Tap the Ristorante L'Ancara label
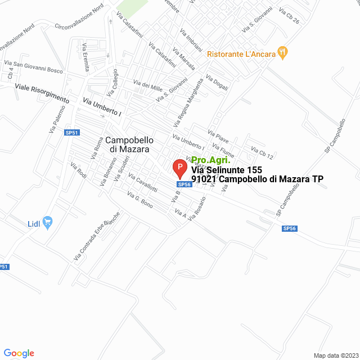(x=241, y=54)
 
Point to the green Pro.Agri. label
(x=211, y=160)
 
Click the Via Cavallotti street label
(x=143, y=184)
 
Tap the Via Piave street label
(x=218, y=138)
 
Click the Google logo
(x=19, y=353)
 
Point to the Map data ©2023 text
(x=335, y=355)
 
